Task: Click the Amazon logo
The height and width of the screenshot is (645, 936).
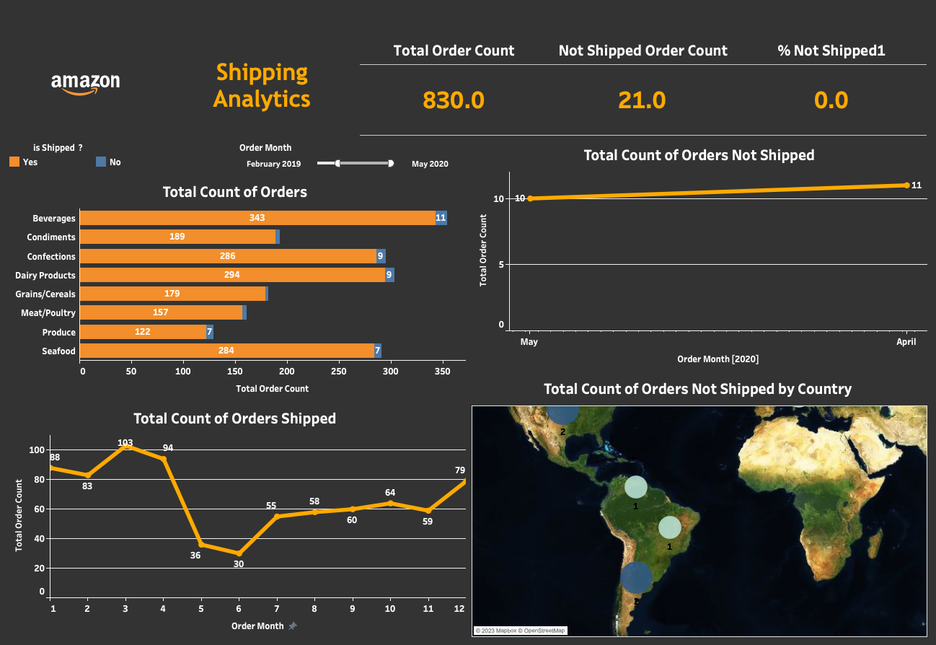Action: point(85,84)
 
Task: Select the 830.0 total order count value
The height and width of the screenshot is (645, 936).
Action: point(454,100)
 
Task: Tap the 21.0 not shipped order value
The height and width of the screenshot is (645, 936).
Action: point(642,100)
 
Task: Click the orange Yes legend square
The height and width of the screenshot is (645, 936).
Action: point(14,162)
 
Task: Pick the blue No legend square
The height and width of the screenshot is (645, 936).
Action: point(101,162)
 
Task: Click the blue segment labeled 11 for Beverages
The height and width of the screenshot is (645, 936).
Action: point(441,218)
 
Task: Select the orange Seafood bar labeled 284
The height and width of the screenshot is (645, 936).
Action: point(227,351)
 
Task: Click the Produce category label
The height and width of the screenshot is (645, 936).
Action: point(58,333)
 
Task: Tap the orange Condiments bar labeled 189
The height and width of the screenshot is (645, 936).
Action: point(177,237)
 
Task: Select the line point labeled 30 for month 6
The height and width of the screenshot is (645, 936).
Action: point(239,553)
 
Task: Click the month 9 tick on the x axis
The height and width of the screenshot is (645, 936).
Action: point(352,609)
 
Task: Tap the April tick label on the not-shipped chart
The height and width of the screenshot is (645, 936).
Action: point(906,342)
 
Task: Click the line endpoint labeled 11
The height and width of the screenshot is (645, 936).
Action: point(906,185)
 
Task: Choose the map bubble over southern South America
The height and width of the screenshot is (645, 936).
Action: point(636,577)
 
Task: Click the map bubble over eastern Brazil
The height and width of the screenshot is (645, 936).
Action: point(669,527)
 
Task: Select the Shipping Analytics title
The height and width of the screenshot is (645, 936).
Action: point(262,85)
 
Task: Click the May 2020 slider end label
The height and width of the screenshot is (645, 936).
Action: point(430,164)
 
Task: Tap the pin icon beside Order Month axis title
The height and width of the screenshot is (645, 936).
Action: point(292,626)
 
